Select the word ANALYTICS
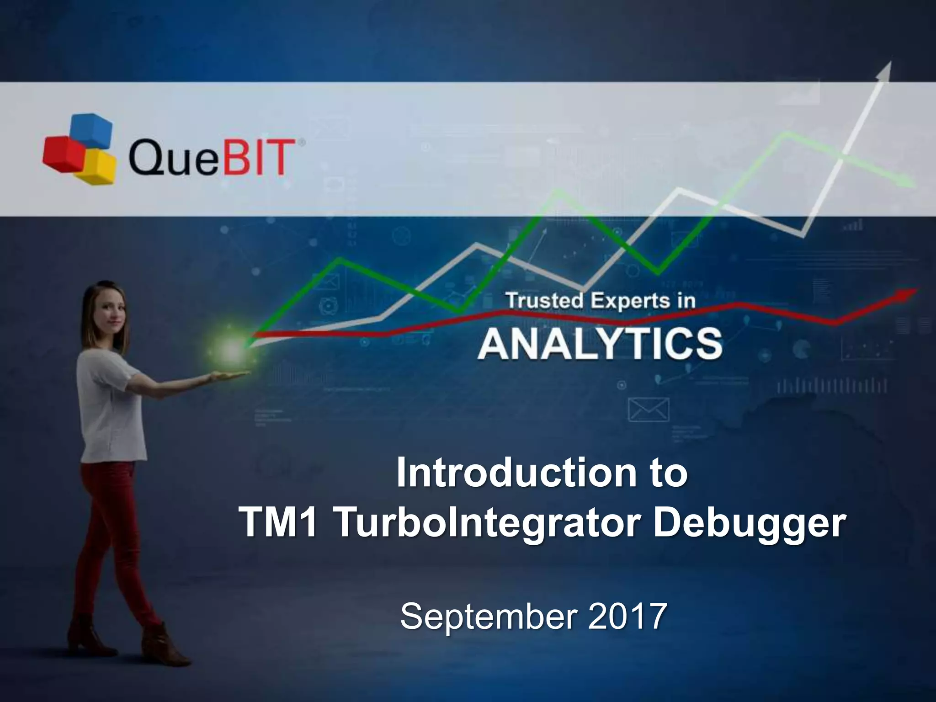pos(600,344)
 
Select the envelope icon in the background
pos(649,409)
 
